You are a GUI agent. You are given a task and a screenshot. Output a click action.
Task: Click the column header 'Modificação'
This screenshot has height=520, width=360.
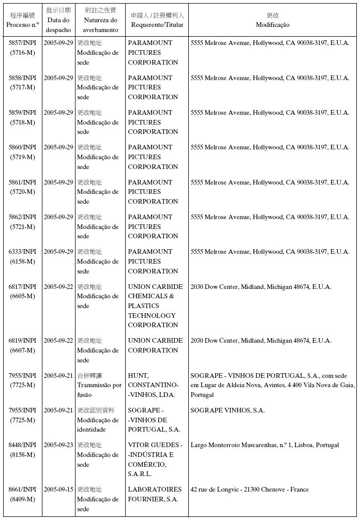[x=273, y=25]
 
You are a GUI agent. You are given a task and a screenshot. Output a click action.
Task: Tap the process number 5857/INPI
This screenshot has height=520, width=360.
[x=22, y=43]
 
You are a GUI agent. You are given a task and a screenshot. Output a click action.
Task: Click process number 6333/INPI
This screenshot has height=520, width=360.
[x=22, y=252]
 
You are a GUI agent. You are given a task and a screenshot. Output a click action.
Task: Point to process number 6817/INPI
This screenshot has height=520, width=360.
[x=22, y=287]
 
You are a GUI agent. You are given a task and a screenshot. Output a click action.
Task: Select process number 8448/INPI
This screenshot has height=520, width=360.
[x=22, y=445]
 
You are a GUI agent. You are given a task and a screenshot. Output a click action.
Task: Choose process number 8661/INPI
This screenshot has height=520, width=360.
[x=22, y=490]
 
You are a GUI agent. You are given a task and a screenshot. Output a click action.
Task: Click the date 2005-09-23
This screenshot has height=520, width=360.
[x=58, y=445]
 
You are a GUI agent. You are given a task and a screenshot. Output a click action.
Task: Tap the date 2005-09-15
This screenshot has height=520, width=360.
[x=58, y=490]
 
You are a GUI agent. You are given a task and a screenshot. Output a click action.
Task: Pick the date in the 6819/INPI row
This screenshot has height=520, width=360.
[x=58, y=341]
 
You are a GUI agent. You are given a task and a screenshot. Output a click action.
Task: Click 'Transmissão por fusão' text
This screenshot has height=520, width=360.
[x=99, y=390]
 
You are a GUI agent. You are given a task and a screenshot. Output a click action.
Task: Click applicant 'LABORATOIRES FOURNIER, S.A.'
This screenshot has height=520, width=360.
[x=155, y=494]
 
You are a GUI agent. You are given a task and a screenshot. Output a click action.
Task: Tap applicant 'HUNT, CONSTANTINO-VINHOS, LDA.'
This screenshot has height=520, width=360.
[x=153, y=385]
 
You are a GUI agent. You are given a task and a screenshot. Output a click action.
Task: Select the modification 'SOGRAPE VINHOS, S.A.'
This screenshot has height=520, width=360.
[x=228, y=410]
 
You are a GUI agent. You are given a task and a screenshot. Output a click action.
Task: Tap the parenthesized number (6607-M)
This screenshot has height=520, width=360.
[x=22, y=350]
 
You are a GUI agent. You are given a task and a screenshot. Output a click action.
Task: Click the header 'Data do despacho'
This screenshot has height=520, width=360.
[x=58, y=25]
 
